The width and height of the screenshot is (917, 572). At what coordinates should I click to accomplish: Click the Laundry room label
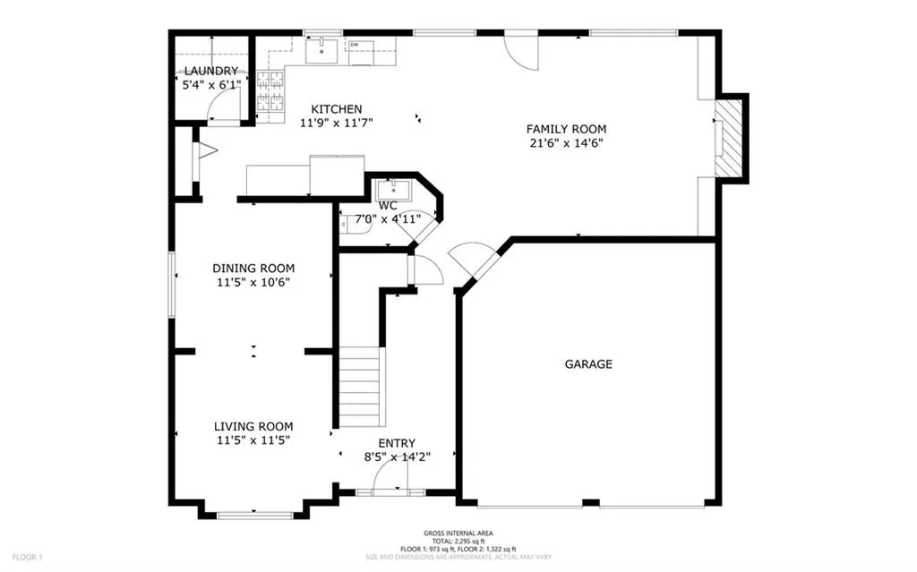pos(211,71)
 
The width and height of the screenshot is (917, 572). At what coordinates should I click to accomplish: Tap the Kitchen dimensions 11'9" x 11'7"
pos(337,123)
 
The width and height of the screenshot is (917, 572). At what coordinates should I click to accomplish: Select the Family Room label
pos(566,129)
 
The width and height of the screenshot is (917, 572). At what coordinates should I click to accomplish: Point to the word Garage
pos(588,363)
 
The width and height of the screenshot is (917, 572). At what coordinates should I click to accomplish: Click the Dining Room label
pos(253,268)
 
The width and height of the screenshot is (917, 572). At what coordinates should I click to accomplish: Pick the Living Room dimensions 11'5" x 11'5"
pos(253,440)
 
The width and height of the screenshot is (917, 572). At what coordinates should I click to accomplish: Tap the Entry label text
pos(397,443)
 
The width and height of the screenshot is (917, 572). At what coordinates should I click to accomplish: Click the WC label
pos(388,206)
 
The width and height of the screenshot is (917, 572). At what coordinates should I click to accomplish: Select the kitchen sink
pos(321,50)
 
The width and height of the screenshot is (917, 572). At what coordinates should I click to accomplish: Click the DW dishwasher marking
pos(355,45)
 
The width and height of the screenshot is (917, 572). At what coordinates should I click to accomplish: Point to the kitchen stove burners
pos(270,90)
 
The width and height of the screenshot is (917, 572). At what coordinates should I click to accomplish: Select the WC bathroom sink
pos(394,190)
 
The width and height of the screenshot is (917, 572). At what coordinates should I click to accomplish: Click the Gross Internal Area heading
pos(458,533)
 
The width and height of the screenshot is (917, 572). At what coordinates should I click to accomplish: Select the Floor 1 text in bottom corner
pos(28,558)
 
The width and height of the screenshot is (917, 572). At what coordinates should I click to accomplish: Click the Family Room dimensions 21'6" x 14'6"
pos(566,143)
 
